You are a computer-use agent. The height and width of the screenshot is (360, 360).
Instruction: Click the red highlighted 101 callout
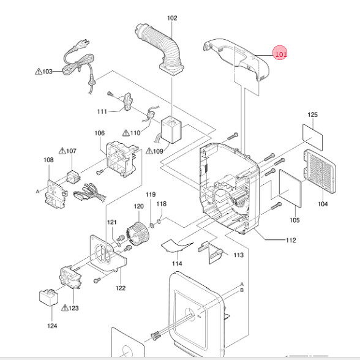pyautogui.click(x=280, y=54)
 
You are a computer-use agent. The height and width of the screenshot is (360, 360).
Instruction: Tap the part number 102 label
pyautogui.click(x=172, y=18)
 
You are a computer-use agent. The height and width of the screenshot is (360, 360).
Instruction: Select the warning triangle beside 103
pyautogui.click(x=39, y=72)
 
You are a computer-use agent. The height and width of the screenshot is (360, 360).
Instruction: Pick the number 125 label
pyautogui.click(x=312, y=114)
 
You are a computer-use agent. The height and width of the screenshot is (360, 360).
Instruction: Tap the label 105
pyautogui.click(x=294, y=220)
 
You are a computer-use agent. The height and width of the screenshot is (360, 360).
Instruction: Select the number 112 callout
pyautogui.click(x=291, y=240)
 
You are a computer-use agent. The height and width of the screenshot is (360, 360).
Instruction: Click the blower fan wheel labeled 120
pyautogui.click(x=138, y=233)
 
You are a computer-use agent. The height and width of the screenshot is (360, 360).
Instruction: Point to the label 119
pyautogui.click(x=151, y=195)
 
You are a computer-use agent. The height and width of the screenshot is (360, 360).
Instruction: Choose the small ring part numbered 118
pyautogui.click(x=159, y=222)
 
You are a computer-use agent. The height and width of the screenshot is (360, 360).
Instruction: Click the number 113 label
pyautogui.click(x=239, y=255)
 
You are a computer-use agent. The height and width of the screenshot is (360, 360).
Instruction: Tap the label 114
pyautogui.click(x=177, y=263)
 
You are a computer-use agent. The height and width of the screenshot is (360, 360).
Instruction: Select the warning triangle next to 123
pyautogui.click(x=65, y=307)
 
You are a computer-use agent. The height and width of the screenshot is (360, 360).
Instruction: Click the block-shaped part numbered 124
pyautogui.click(x=48, y=298)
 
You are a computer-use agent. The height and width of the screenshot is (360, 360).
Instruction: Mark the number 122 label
pyautogui.click(x=121, y=288)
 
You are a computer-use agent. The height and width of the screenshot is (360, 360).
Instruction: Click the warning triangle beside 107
pyautogui.click(x=62, y=151)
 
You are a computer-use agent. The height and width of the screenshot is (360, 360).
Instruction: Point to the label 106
pyautogui.click(x=99, y=133)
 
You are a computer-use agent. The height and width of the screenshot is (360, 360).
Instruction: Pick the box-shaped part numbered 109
pyautogui.click(x=171, y=130)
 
